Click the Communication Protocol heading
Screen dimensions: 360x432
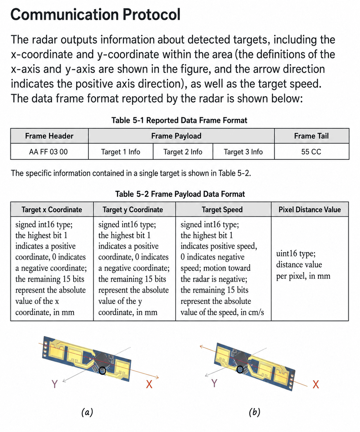(96, 14)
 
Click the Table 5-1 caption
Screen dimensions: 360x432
(179, 120)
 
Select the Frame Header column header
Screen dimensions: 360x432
(49, 136)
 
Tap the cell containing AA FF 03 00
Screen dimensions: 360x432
(49, 151)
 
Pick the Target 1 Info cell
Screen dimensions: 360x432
(120, 152)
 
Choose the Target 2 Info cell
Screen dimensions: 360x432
(183, 152)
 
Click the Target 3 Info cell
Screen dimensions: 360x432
(243, 152)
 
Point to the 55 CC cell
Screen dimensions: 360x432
(311, 152)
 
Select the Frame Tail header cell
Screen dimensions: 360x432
(311, 136)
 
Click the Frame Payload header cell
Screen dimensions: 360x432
(176, 136)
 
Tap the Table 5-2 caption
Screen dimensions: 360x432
(180, 194)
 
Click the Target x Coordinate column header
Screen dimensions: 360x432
(52, 210)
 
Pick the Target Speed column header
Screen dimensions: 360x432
(222, 210)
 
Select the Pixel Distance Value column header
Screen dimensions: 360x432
(310, 210)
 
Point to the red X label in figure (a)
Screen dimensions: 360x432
(149, 384)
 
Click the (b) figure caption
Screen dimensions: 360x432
(255, 412)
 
